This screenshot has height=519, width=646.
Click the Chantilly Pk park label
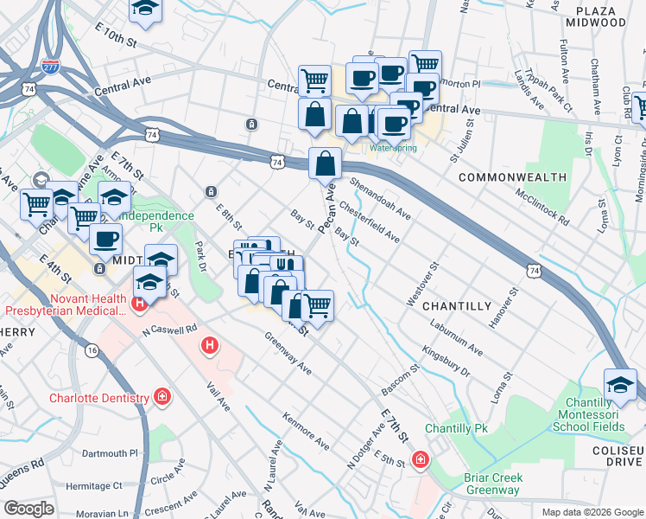tap(456, 429)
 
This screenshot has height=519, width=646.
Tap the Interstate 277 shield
tap(50, 67)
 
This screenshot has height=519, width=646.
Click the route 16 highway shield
tap(92, 349)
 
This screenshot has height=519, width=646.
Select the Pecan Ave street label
tap(329, 212)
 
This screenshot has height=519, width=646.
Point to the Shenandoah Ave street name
tap(380, 199)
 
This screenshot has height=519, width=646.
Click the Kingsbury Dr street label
tap(446, 362)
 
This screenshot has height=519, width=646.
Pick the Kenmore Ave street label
tap(306, 430)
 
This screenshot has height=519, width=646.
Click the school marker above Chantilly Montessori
tap(620, 386)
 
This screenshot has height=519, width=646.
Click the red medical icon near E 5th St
tap(420, 459)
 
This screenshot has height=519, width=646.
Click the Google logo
tap(28, 509)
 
